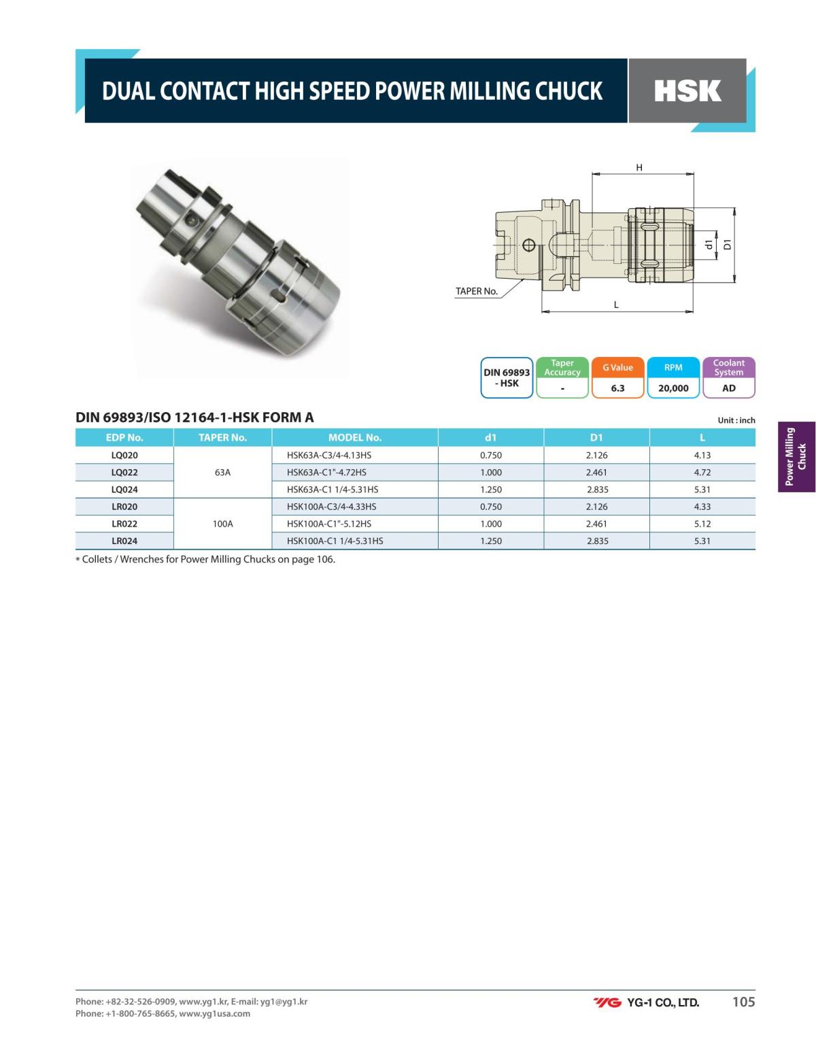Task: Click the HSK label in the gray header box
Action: tap(687, 91)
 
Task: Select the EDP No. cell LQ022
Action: tap(124, 472)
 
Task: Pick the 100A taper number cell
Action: tap(222, 524)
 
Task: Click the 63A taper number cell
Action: tap(222, 472)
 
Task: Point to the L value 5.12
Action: tap(702, 524)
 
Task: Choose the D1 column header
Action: tap(596, 437)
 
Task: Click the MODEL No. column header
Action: tap(354, 437)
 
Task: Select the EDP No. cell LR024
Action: tap(124, 541)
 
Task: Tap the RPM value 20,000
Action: tap(673, 388)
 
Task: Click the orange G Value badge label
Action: tap(617, 368)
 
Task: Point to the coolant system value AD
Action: tap(728, 388)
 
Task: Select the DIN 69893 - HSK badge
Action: tap(507, 377)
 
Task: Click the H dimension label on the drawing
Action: tap(639, 167)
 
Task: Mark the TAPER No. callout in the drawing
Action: tap(476, 291)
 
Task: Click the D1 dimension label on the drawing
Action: tap(727, 243)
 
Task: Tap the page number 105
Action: tap(743, 1002)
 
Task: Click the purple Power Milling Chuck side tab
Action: tap(796, 456)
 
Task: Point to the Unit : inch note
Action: tap(736, 420)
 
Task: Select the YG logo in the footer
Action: tap(607, 1002)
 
